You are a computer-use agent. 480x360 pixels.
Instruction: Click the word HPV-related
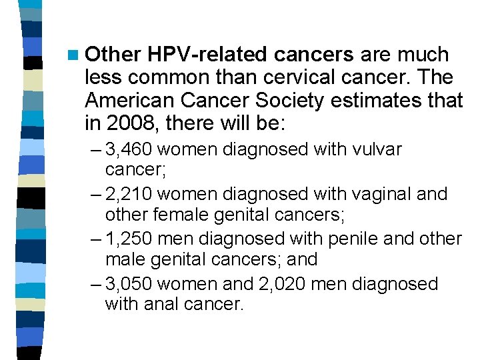[207, 54]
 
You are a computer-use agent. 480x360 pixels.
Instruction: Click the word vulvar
[376, 149]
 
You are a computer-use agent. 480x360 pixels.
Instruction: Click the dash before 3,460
[94, 149]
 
